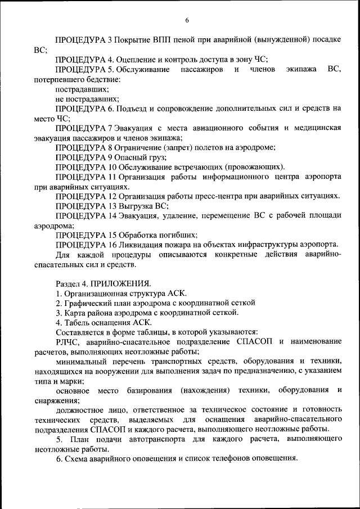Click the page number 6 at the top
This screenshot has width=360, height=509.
point(187,21)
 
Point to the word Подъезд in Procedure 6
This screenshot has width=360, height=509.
point(138,108)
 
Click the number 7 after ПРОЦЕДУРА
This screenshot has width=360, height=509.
point(110,128)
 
